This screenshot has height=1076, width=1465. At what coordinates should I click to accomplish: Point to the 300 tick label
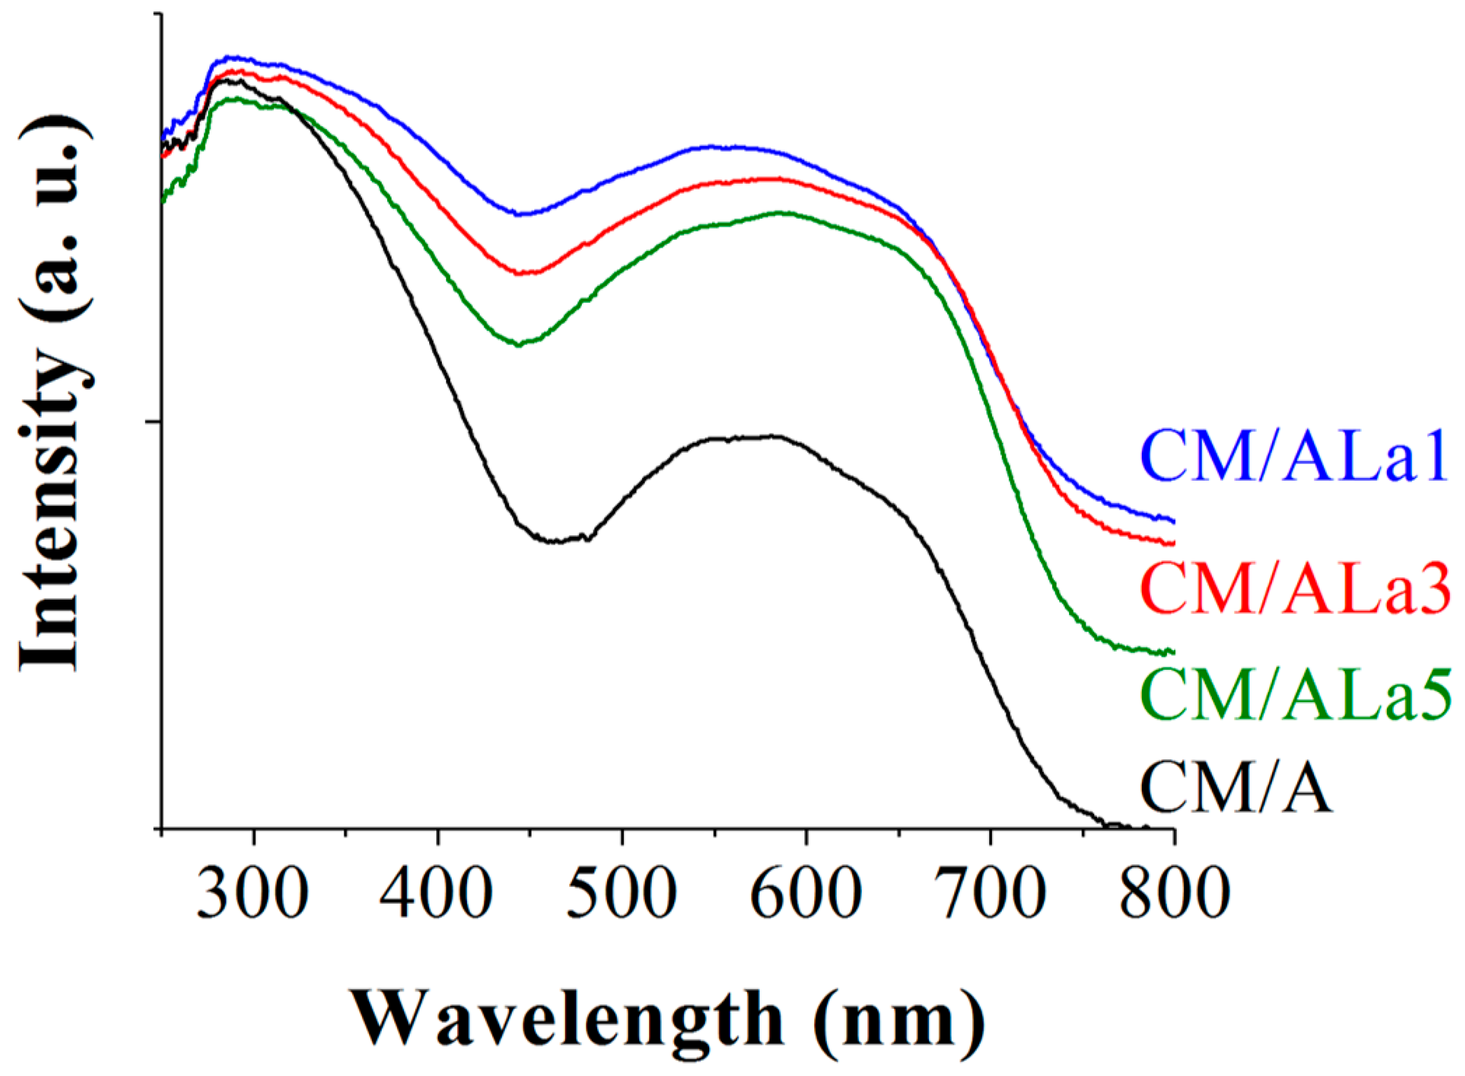pos(253,892)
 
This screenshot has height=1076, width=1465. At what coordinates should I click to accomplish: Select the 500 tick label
pos(621,892)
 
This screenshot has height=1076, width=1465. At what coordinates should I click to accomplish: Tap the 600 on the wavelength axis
pos(807,892)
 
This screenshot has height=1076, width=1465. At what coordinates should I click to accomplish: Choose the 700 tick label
pos(991,892)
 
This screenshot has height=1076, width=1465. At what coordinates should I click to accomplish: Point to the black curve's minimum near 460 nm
pos(554,541)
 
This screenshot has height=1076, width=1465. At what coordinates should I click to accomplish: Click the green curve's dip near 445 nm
pos(518,344)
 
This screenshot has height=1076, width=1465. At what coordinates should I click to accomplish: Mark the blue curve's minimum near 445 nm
pos(518,214)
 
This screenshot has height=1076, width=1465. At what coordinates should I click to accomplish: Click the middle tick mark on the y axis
pos(157,422)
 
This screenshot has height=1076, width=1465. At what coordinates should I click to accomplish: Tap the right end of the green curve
pos(1172,651)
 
